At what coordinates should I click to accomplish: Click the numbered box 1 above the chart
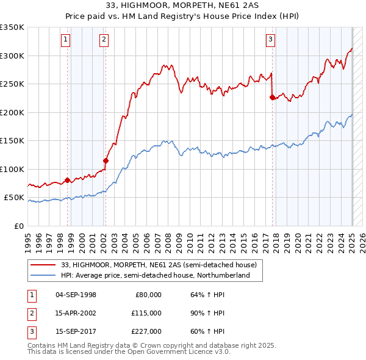65,40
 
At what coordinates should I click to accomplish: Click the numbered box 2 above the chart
104,40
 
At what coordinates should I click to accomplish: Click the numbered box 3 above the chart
270,40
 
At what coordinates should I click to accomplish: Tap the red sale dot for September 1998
67,180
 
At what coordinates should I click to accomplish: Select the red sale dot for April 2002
106,160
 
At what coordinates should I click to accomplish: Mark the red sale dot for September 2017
272,96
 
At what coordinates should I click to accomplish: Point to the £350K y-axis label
12,27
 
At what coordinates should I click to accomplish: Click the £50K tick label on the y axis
15,198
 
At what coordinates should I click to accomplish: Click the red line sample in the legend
43,265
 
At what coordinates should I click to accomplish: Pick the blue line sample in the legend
43,275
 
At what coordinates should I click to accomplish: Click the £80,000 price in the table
148,294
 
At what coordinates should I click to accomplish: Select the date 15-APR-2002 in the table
76,313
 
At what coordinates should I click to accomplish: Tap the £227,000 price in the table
146,332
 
